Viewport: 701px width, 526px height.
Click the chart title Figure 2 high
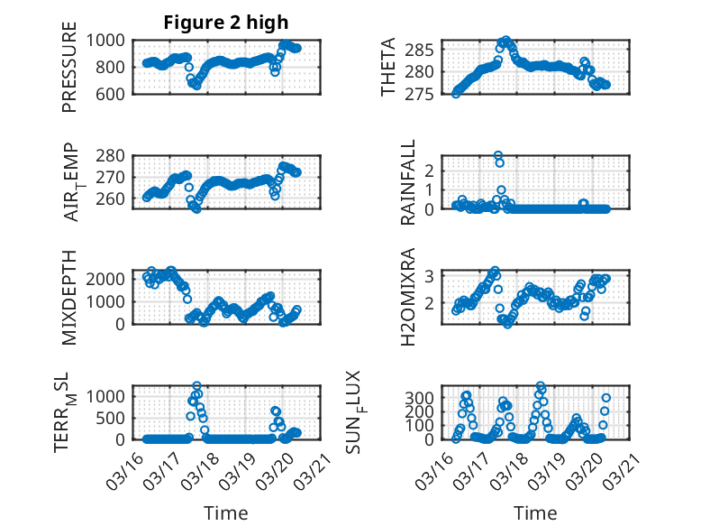[225, 23]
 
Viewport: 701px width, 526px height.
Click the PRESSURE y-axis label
[69, 66]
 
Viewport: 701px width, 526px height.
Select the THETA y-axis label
[387, 66]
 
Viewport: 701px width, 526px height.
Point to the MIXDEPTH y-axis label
[69, 297]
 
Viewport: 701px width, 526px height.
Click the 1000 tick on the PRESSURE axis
[109, 41]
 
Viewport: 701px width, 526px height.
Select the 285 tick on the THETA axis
[427, 49]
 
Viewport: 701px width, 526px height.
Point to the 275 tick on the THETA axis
[427, 94]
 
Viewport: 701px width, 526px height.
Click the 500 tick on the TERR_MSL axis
[114, 418]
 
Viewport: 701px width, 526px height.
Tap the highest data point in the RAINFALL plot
[498, 155]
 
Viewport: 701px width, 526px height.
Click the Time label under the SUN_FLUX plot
[535, 513]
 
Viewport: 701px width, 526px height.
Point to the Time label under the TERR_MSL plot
[225, 513]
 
